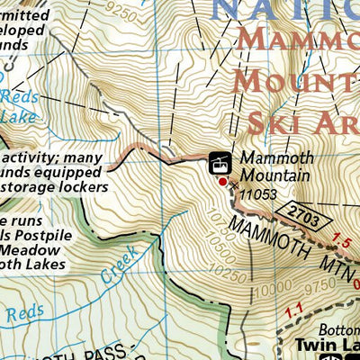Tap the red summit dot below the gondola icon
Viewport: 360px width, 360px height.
pos(223,182)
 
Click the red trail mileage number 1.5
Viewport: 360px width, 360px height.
pos(341,241)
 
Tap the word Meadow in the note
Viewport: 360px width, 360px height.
pos(29,252)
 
